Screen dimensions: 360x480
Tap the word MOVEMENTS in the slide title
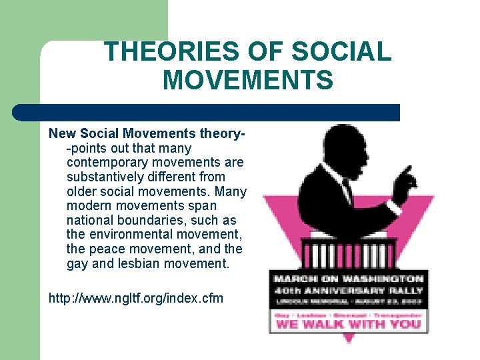[x=247, y=81]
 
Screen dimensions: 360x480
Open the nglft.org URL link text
[x=136, y=297]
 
